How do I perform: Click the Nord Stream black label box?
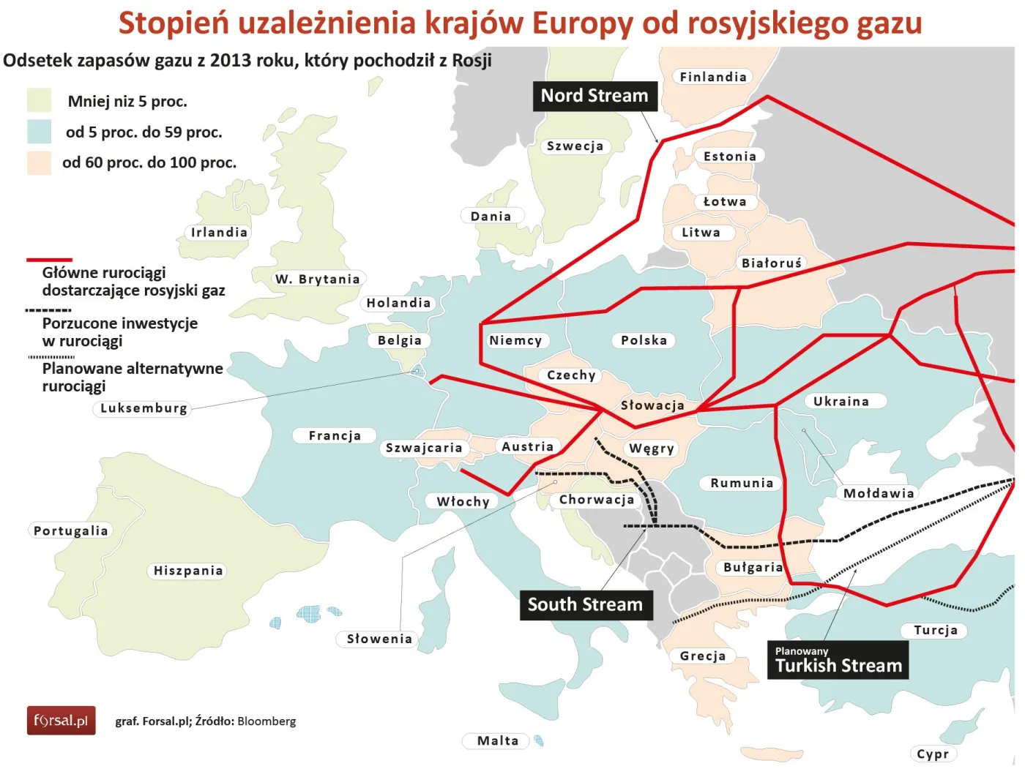pos(594,96)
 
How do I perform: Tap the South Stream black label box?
pos(585,605)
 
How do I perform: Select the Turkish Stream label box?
pos(838,661)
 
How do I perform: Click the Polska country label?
pos(644,340)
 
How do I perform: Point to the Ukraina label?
pos(841,402)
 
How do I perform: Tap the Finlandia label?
pos(712,77)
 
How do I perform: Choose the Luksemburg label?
pos(143,408)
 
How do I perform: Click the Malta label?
pos(498,741)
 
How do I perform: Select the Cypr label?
pos(932,754)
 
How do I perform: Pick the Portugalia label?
pos(70,530)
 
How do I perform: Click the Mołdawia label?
pos(879,493)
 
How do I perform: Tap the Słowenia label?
pos(379,639)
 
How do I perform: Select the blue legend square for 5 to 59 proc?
pos(39,132)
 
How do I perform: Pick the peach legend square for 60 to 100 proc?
pos(39,162)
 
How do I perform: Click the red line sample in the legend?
pos(49,260)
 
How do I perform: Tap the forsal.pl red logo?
pos(61,721)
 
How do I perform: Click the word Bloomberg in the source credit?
pos(266,721)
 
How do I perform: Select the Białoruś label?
pos(772,263)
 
